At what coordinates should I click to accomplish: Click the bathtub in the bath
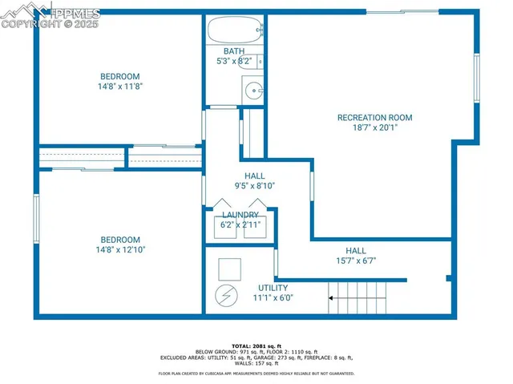pyautogui.click(x=234, y=32)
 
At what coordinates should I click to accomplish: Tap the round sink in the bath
pyautogui.click(x=256, y=90)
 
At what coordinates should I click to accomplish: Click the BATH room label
pyautogui.click(x=234, y=51)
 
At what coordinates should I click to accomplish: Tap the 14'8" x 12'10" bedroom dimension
pyautogui.click(x=120, y=249)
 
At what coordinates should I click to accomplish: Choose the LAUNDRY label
pyautogui.click(x=240, y=215)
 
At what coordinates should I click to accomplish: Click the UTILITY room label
pyautogui.click(x=273, y=288)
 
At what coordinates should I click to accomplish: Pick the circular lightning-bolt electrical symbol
pyautogui.click(x=226, y=296)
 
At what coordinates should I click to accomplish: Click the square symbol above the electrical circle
pyautogui.click(x=229, y=269)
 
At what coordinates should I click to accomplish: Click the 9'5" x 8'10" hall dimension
pyautogui.click(x=254, y=185)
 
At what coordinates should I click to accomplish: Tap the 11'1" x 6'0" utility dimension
pyautogui.click(x=273, y=297)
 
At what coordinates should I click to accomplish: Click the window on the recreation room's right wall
pyautogui.click(x=476, y=77)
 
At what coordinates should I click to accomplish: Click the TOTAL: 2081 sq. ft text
pyautogui.click(x=256, y=345)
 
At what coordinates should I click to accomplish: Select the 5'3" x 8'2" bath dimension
pyautogui.click(x=234, y=61)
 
